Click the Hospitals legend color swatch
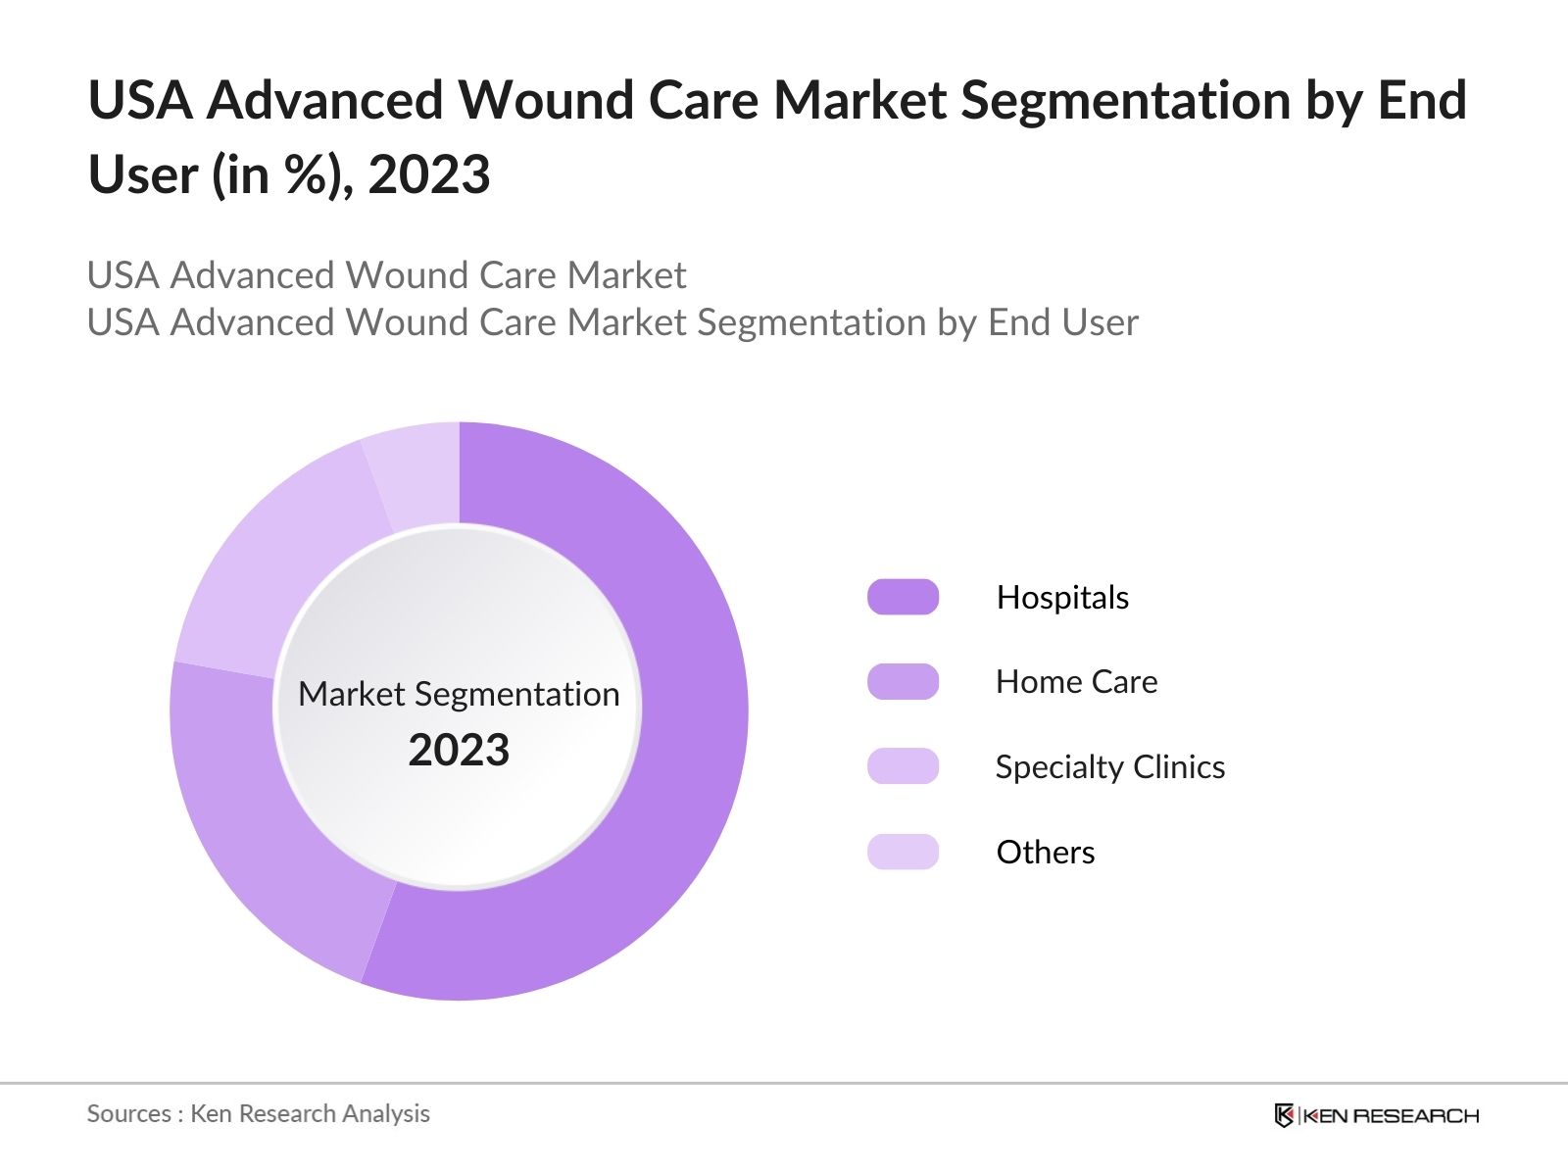coord(903,597)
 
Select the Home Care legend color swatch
coord(903,682)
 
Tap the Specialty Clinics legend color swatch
coord(903,766)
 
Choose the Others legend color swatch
coord(903,852)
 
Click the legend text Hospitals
coord(1062,598)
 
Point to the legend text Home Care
coord(1076,682)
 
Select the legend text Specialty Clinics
coord(1109,767)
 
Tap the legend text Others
coord(1045,853)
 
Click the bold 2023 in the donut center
coord(459,751)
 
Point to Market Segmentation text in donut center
coord(459,694)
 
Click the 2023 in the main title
coord(429,175)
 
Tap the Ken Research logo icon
coord(1284,1115)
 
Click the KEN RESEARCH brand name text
coord(1390,1115)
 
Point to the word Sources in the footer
coord(128,1113)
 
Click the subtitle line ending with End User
coord(612,322)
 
